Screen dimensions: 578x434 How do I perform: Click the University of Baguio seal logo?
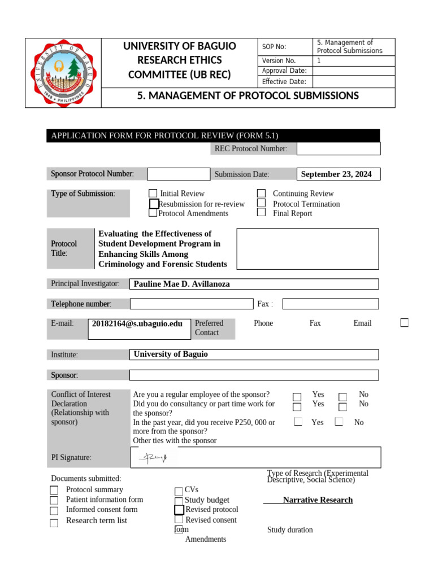[x=63, y=73]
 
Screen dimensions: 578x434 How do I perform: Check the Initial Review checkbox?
[x=153, y=194]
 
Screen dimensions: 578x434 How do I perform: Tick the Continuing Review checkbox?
[x=261, y=194]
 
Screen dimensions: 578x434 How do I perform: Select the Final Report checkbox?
[x=261, y=213]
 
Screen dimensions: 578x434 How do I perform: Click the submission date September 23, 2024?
[x=337, y=174]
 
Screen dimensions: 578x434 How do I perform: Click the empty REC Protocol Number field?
[x=338, y=148]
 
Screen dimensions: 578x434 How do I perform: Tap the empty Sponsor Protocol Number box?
[x=179, y=174]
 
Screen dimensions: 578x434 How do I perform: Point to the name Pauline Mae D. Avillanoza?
[x=182, y=284]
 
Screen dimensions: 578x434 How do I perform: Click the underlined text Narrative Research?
[x=318, y=500]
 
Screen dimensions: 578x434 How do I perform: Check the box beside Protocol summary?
[x=54, y=491]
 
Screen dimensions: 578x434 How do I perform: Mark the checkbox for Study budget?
[x=179, y=501]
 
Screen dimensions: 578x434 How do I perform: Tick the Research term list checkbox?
[x=54, y=523]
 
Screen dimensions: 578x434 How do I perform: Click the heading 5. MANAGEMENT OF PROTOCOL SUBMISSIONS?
[x=248, y=96]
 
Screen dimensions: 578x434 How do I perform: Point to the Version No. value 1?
[x=319, y=61]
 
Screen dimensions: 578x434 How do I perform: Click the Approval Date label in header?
[x=284, y=71]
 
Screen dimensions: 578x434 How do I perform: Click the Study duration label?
[x=290, y=530]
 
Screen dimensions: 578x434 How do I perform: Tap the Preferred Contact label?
[x=209, y=328]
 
